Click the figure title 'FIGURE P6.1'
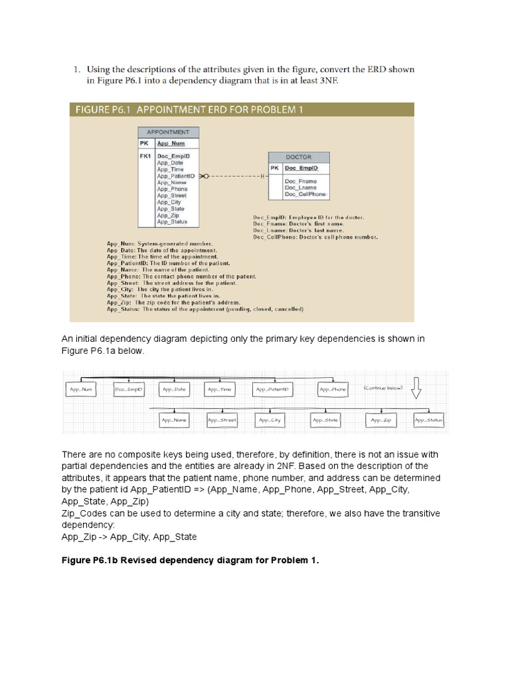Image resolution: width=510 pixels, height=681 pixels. click(x=110, y=110)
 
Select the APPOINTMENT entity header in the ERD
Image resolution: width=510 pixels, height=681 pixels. click(x=168, y=132)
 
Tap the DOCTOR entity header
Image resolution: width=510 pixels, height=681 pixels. click(x=298, y=157)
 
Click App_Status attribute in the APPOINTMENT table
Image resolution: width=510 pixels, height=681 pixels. click(x=172, y=221)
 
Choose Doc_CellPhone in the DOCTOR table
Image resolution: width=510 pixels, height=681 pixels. click(x=305, y=194)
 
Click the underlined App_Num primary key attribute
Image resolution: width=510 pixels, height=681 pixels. click(x=171, y=143)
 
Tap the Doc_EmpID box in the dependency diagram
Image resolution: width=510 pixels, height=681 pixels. click(x=129, y=389)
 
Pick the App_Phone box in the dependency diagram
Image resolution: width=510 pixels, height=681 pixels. click(x=333, y=389)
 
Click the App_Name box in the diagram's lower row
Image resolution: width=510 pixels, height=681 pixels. click(x=174, y=420)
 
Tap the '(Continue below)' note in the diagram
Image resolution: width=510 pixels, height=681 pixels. click(x=383, y=388)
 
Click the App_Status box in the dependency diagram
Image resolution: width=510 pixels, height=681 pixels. click(x=428, y=420)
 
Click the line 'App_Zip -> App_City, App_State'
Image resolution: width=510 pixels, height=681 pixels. click(x=129, y=537)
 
